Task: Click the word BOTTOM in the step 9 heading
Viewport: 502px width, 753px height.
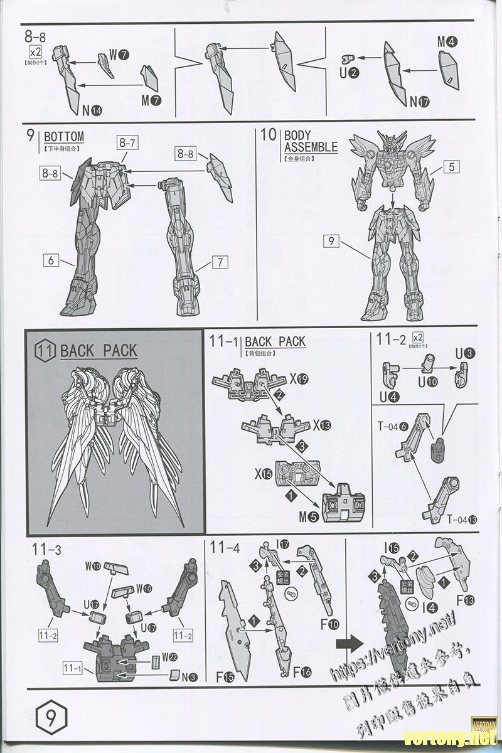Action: tap(63, 136)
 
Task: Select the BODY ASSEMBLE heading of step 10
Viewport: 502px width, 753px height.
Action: tap(310, 141)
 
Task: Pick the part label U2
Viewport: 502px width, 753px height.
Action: tap(349, 73)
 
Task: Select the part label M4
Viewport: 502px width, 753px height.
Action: tap(447, 42)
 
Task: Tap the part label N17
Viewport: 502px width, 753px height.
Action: tap(420, 102)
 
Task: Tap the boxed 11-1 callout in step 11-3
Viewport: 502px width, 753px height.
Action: tap(72, 667)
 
